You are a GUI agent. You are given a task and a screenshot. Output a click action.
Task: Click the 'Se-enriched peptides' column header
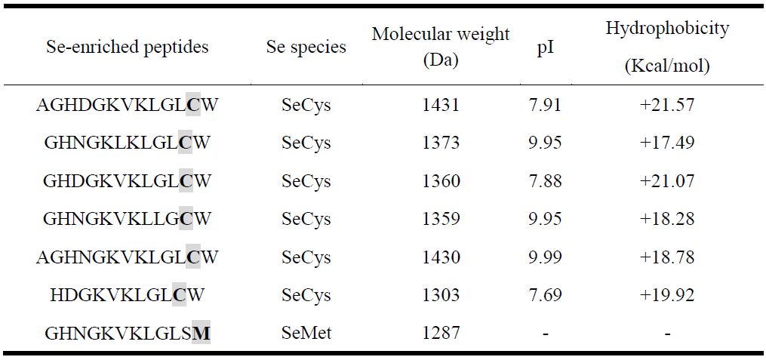pos(127,47)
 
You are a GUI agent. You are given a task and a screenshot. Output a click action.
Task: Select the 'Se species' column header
pos(306,47)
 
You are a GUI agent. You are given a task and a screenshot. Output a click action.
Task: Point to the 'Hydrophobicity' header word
pos(667,29)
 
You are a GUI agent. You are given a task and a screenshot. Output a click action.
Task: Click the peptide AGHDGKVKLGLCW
pos(127,104)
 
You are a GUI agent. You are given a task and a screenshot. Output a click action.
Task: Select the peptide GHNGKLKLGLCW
pos(127,143)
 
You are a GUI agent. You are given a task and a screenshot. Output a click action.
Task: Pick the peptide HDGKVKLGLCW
pos(127,294)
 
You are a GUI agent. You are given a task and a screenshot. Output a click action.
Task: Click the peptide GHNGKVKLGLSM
pos(127,332)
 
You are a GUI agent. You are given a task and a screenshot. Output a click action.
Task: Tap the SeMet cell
pos(306,332)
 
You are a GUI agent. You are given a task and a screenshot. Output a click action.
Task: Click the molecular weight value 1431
pos(441,104)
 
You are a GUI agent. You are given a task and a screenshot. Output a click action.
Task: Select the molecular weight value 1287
pos(441,332)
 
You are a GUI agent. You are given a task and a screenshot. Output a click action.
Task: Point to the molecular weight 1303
pos(441,294)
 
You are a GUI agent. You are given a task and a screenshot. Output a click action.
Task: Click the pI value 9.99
pos(544,257)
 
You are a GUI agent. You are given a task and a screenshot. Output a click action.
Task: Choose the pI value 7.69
pos(544,294)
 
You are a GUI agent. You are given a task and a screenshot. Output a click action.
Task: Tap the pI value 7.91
pos(544,104)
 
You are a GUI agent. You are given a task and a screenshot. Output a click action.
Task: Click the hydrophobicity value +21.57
pos(667,104)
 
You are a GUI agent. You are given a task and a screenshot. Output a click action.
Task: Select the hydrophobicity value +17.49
pos(667,143)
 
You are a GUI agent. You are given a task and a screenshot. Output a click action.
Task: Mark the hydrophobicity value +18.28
pos(667,219)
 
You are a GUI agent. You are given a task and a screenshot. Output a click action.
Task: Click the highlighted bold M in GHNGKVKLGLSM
pos(201,332)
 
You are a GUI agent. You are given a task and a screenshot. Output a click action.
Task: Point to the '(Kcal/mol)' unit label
pos(667,66)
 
